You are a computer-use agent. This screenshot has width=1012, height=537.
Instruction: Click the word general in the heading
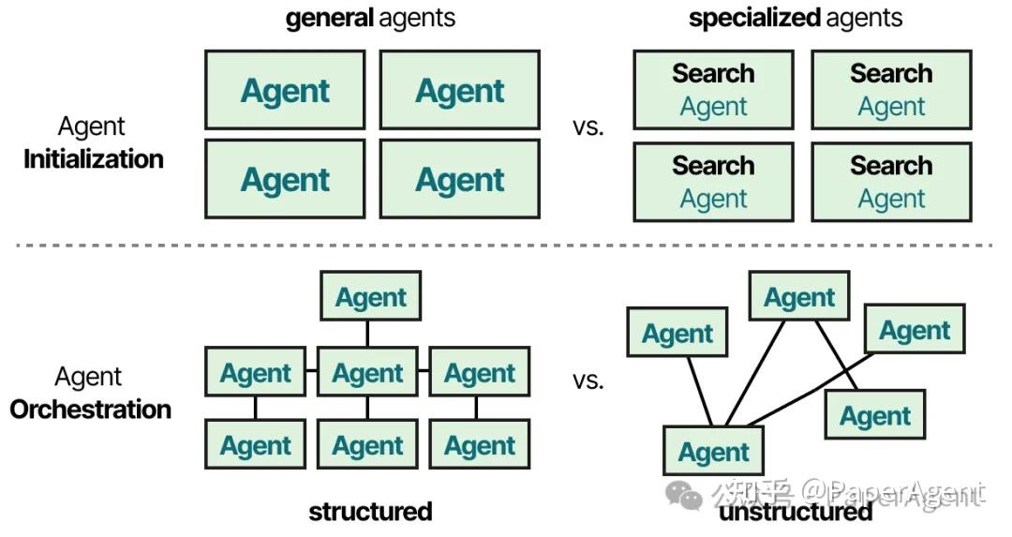[x=328, y=19]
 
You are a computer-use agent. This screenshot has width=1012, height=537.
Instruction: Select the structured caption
[x=370, y=512]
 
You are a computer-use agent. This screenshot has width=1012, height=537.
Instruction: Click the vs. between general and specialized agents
[x=588, y=127]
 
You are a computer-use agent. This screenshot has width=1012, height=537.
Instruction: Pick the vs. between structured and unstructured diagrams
[x=588, y=380]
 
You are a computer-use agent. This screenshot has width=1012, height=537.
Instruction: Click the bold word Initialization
[x=94, y=159]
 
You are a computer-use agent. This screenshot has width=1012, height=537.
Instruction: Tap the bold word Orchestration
[x=91, y=410]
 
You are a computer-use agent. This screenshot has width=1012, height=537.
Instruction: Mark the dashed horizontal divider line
[x=506, y=246]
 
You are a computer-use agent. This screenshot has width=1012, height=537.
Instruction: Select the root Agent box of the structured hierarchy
[x=371, y=298]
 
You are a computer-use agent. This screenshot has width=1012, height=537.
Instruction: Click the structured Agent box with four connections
[x=367, y=374]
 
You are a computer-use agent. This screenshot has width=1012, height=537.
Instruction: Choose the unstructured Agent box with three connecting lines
[x=713, y=453]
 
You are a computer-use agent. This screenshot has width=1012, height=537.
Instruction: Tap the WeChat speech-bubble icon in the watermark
[x=692, y=495]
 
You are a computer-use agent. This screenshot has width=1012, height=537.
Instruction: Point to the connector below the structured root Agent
[x=367, y=334]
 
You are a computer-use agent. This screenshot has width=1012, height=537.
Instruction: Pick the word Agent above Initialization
[x=92, y=127]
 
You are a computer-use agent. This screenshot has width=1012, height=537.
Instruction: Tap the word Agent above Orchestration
[x=89, y=377]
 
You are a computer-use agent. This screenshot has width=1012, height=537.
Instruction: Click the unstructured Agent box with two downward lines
[x=798, y=298]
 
